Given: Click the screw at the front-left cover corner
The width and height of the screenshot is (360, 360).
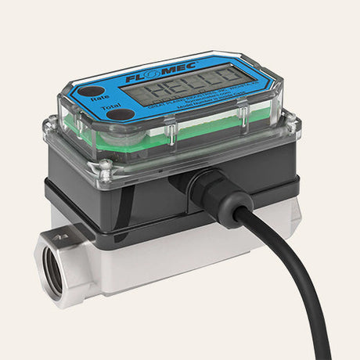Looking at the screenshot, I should pos(106,165).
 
